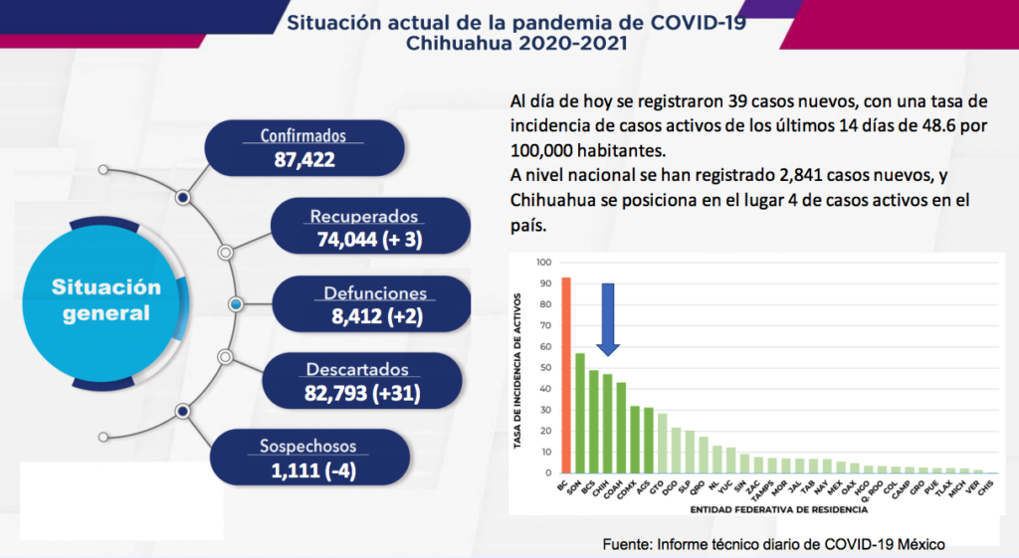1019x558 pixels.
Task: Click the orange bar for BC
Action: click(566, 375)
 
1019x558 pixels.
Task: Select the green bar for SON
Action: click(580, 413)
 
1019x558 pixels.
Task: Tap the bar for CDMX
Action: click(635, 439)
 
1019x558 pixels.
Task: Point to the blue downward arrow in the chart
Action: click(608, 318)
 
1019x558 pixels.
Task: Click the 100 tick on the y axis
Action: click(543, 263)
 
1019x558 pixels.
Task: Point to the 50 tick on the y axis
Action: click(545, 368)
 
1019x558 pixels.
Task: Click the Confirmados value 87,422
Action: click(304, 158)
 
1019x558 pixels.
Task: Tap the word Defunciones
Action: click(375, 293)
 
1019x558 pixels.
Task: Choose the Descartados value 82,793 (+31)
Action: click(362, 393)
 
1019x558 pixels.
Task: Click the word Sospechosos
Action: click(306, 447)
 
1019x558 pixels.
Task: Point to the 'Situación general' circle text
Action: click(106, 299)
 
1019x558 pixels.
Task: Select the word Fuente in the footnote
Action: click(628, 544)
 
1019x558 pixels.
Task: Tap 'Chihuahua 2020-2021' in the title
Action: click(516, 43)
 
